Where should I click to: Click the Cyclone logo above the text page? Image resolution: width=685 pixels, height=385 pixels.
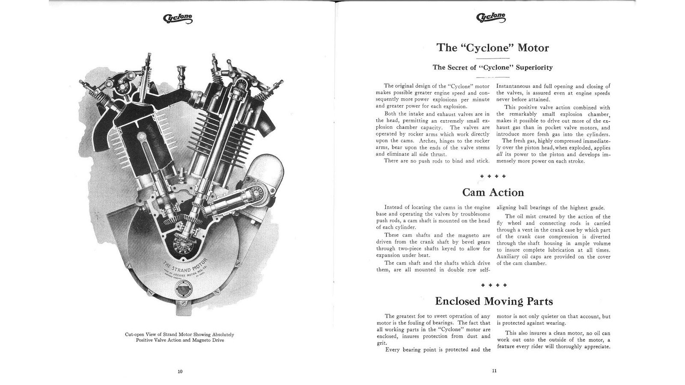491,17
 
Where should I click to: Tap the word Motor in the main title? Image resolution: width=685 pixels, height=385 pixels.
533,47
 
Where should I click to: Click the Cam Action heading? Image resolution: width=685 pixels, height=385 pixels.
493,192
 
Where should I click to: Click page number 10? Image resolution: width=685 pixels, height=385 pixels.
180,371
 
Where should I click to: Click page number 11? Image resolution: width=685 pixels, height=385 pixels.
494,371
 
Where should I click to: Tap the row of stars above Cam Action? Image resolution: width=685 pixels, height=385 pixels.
493,176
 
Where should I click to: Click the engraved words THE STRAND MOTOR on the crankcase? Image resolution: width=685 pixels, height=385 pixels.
185,266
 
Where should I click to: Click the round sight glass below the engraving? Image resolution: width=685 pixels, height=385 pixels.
181,291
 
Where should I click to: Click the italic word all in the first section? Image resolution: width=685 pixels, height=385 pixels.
500,155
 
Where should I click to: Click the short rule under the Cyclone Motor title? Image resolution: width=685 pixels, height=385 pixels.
493,58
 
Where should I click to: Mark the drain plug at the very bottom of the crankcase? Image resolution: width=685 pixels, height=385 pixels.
181,309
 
